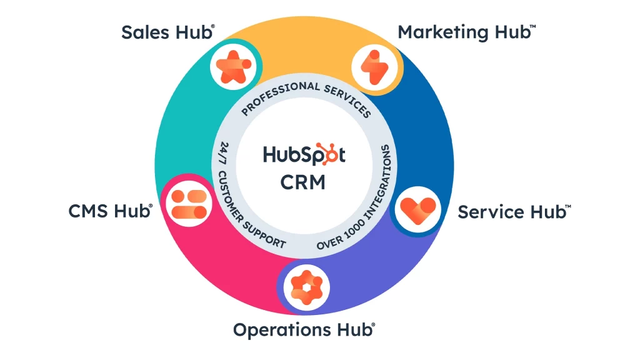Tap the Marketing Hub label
pos(466,32)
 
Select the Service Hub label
pos(513,212)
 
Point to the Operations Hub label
pos(304,329)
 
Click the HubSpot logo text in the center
pos(304,154)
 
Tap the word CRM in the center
pos(304,182)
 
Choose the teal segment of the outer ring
pos(181,125)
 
